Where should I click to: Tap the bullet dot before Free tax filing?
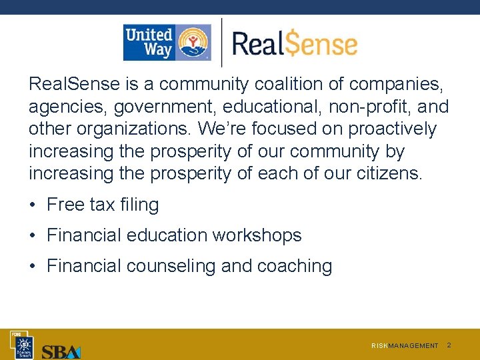point(33,205)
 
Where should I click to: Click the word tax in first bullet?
point(102,205)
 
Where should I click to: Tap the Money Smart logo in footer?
point(24,345)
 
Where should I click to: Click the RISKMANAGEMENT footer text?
point(405,345)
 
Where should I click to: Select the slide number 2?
point(449,345)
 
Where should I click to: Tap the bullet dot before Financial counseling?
point(33,266)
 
